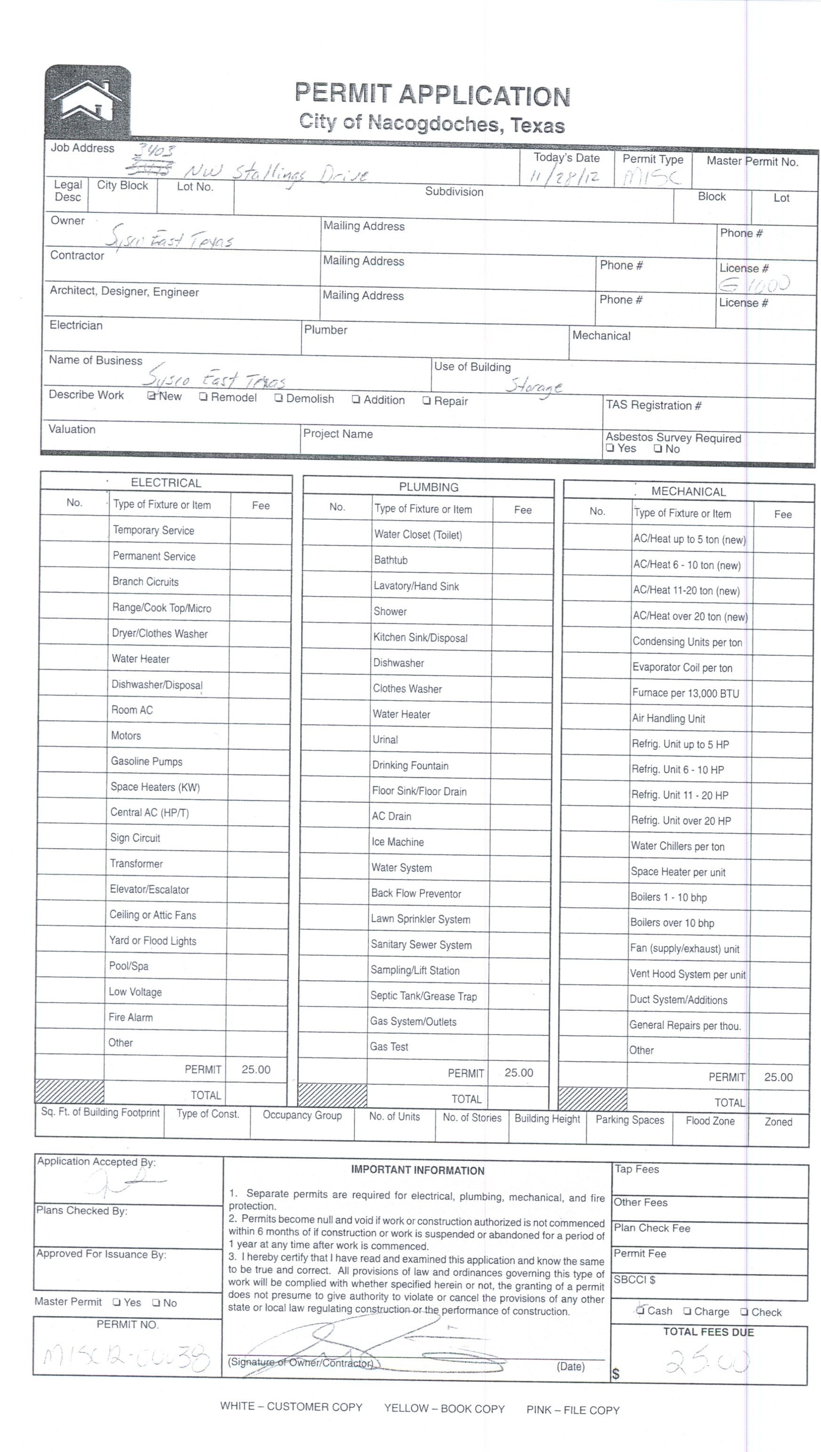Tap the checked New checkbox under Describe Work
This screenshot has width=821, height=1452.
pyautogui.click(x=152, y=396)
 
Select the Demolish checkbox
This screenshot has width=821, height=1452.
pyautogui.click(x=278, y=398)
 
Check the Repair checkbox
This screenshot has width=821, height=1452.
pyautogui.click(x=427, y=401)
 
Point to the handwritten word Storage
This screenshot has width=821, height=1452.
pyautogui.click(x=533, y=386)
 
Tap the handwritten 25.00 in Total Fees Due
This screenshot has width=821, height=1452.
pyautogui.click(x=708, y=1361)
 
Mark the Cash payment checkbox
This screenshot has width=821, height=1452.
pyautogui.click(x=640, y=1311)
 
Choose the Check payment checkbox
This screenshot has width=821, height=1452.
pyautogui.click(x=744, y=1312)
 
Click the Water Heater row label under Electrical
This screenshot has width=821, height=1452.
pyautogui.click(x=140, y=659)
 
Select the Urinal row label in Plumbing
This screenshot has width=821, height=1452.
pyautogui.click(x=385, y=739)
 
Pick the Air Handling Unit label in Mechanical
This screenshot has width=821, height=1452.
pyautogui.click(x=668, y=719)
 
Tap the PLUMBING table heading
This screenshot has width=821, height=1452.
pyautogui.click(x=429, y=487)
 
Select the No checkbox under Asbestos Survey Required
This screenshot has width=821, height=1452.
pyautogui.click(x=658, y=449)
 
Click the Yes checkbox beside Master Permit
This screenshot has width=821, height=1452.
pyautogui.click(x=117, y=1303)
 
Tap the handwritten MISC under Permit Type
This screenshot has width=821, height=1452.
pyautogui.click(x=652, y=179)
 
